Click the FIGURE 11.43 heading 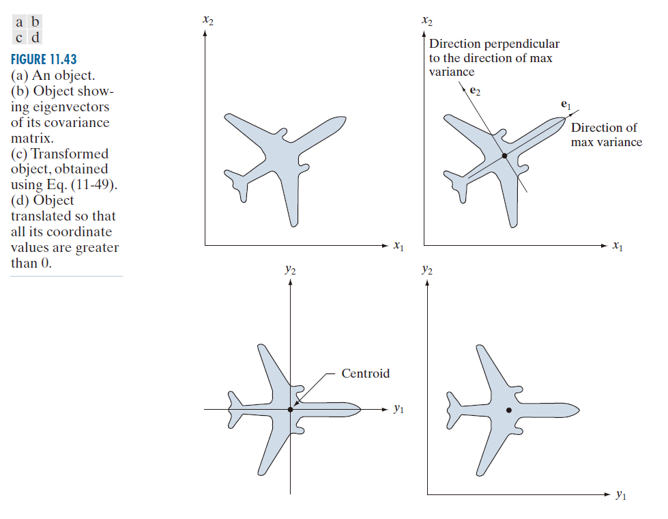point(44,59)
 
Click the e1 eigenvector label point(566,104)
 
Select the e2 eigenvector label point(475,91)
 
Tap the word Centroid point(366,373)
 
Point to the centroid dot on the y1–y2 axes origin point(291,410)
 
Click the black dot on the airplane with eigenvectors point(505,156)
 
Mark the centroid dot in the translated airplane point(508,410)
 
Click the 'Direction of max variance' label point(606,135)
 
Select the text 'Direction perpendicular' point(494,44)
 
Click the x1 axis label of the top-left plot point(398,246)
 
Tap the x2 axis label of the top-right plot point(427,20)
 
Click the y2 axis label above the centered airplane point(290,270)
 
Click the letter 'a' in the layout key point(20,22)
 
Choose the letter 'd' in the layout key point(35,38)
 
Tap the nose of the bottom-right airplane point(579,410)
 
